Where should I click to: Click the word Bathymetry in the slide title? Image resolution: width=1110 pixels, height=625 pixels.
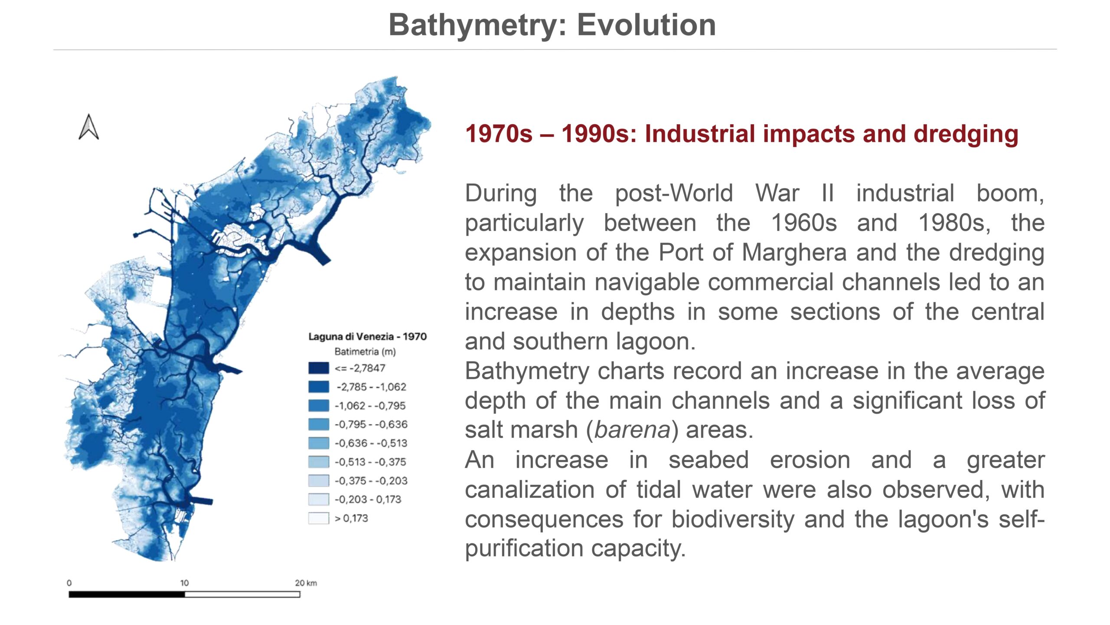tap(478, 25)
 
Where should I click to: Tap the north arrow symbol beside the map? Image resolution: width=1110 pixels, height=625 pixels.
tap(89, 127)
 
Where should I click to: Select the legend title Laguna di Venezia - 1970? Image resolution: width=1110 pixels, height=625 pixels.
tap(367, 336)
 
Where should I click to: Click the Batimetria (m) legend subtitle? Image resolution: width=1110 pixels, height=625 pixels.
tap(365, 352)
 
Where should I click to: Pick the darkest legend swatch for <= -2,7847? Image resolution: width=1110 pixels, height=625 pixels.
tap(318, 368)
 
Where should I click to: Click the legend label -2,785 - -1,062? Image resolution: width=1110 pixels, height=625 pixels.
tap(371, 387)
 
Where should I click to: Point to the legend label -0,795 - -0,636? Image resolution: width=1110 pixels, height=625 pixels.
tap(371, 424)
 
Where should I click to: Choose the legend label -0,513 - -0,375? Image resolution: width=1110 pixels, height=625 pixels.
tap(370, 462)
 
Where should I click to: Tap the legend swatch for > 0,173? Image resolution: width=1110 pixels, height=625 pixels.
tap(318, 518)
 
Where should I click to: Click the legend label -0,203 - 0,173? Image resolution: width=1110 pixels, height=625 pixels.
tap(368, 499)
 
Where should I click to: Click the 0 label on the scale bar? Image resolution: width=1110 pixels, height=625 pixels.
tap(69, 583)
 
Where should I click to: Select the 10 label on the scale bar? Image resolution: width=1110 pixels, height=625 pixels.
tap(184, 583)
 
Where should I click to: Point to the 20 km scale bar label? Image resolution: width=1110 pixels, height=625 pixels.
tap(306, 583)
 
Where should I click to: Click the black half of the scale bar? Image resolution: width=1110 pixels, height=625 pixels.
tap(127, 594)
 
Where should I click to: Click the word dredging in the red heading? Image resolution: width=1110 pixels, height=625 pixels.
tap(966, 134)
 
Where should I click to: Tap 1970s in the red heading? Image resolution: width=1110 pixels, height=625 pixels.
tap(499, 134)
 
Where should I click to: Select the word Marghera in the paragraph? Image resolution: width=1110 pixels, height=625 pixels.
tap(794, 252)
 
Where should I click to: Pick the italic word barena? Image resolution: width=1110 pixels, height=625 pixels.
tap(633, 430)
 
